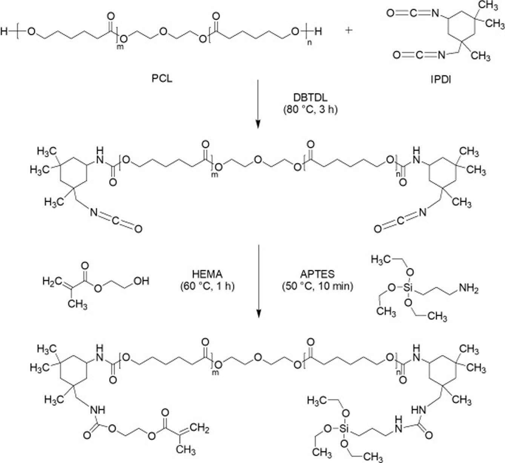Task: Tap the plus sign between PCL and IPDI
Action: pos(349,31)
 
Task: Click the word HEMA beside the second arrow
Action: pos(207,274)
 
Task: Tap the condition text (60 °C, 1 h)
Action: pos(207,286)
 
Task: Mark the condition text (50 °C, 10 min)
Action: pos(317,286)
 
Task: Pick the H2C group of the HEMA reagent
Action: pos(51,281)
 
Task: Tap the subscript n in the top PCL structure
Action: pos(310,43)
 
